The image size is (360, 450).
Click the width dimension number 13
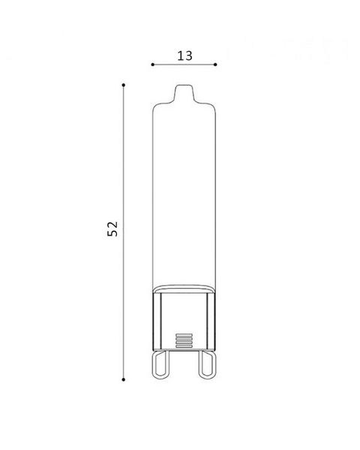coord(184,55)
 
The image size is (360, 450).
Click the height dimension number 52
coord(112,229)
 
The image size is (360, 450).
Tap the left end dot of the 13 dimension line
coord(153,64)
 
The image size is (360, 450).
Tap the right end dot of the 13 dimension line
coord(215,64)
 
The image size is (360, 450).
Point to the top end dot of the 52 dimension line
coord(124,85)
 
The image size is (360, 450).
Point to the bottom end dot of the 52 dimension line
coord(124,379)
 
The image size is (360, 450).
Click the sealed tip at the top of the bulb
coord(184,92)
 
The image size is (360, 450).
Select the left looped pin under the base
coord(161,364)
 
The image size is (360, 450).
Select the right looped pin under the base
coord(207,364)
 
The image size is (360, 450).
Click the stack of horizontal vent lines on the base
coord(184,340)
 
